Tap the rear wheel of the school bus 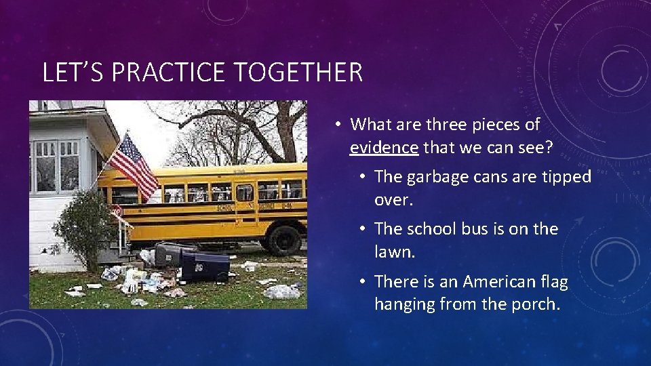283,239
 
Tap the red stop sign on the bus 117,212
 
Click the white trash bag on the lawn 282,291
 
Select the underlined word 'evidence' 384,146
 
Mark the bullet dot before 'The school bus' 363,230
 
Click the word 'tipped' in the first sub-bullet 568,177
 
